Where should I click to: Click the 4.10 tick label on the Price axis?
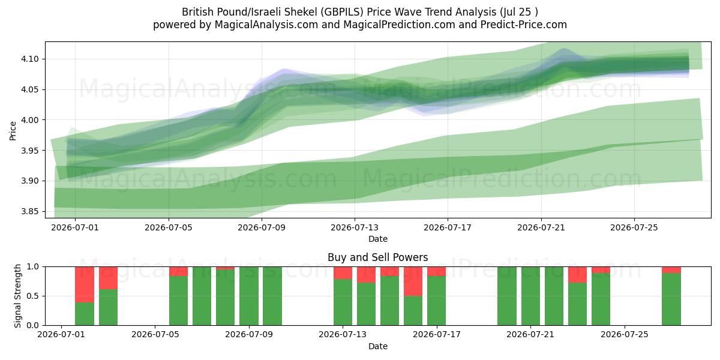(x=29, y=59)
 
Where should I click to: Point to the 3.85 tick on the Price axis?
(x=29, y=211)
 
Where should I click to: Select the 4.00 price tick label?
(x=29, y=120)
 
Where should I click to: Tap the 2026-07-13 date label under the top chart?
(x=355, y=227)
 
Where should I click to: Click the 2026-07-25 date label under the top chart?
(x=634, y=227)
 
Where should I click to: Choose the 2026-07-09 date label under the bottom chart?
(x=249, y=334)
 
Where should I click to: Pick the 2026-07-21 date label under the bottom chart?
(x=530, y=334)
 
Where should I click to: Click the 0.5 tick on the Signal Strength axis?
(x=33, y=296)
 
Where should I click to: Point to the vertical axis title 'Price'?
(x=13, y=131)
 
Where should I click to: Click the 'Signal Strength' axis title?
(x=17, y=296)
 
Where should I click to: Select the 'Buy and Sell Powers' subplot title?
(x=377, y=257)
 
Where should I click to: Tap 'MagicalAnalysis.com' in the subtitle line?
(x=266, y=25)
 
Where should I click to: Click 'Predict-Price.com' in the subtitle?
(x=524, y=25)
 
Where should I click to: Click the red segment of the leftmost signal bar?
(x=85, y=284)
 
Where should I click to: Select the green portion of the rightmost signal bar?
(x=671, y=299)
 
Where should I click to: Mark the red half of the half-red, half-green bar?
(x=413, y=281)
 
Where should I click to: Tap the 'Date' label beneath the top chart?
(x=377, y=239)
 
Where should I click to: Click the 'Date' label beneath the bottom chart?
(x=377, y=346)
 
